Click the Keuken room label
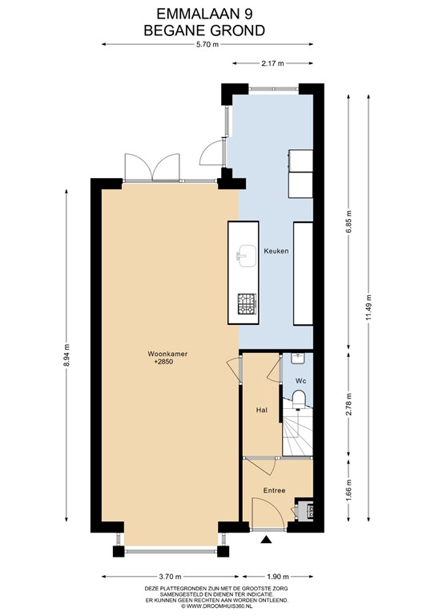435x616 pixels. tap(276, 250)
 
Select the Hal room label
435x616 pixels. tap(262, 410)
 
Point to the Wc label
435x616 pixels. tap(301, 381)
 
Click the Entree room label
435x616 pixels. tap(274, 490)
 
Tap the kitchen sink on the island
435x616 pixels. tap(246, 256)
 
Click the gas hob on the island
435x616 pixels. tap(247, 304)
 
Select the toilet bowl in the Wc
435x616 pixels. tap(300, 398)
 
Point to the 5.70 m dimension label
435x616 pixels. tap(207, 44)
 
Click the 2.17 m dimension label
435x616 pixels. tap(272, 63)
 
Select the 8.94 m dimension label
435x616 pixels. tap(66, 355)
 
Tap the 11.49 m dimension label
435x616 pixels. tap(369, 307)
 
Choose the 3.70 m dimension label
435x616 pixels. tap(170, 577)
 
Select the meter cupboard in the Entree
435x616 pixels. tap(304, 509)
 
